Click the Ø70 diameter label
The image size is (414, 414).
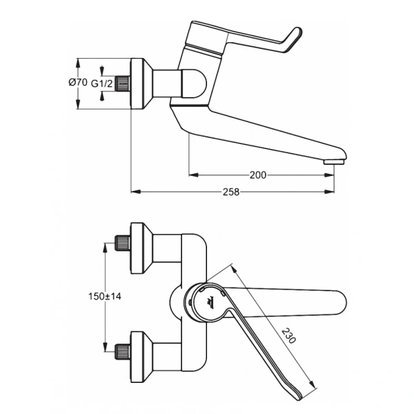pyautogui.click(x=77, y=83)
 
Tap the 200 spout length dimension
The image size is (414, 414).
pyautogui.click(x=257, y=175)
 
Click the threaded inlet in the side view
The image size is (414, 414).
pyautogui.click(x=122, y=83)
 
